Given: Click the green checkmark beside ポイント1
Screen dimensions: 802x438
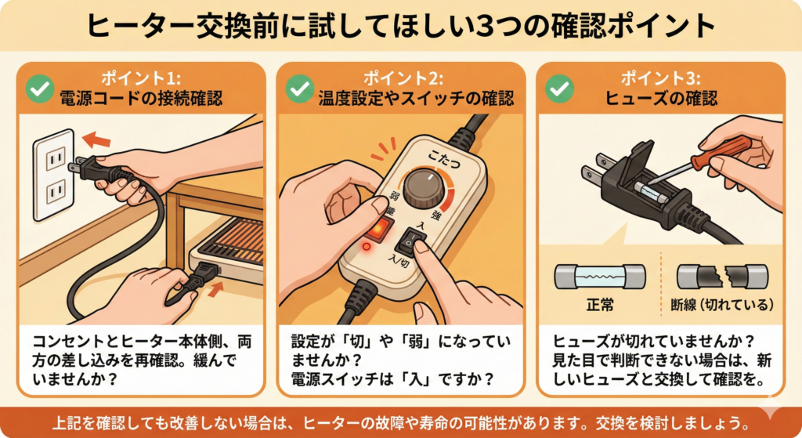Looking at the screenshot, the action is [x=40, y=89].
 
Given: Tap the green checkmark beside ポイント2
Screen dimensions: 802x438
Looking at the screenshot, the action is [x=300, y=89].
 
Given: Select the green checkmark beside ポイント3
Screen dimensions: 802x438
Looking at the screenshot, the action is [x=559, y=89].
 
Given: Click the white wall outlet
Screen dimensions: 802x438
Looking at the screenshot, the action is [x=54, y=175].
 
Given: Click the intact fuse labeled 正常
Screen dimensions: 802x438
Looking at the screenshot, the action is [x=599, y=277].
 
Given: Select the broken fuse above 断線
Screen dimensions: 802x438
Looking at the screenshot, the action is [x=722, y=277].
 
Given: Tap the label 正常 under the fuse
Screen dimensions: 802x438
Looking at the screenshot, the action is [x=599, y=305].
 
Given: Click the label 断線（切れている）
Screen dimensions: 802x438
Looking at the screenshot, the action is [x=722, y=305].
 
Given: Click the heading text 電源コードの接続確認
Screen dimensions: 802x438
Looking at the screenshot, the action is [x=141, y=98].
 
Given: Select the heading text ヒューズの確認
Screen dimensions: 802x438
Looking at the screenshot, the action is [x=661, y=98].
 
